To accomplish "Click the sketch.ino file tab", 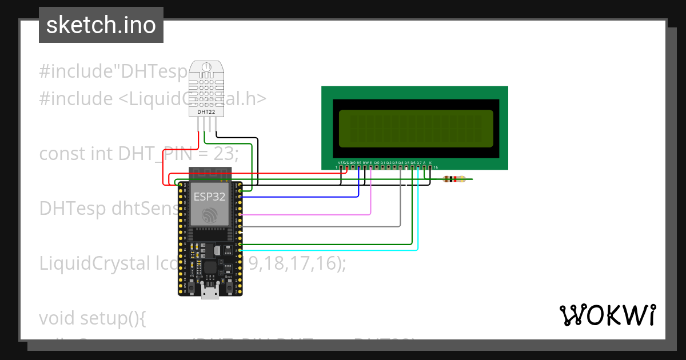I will click(x=101, y=25).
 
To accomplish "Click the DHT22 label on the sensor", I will click(x=206, y=112).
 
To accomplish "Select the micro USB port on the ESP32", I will click(x=210, y=293).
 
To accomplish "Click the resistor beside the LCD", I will click(x=456, y=179).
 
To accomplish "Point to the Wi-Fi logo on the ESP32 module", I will click(x=210, y=215).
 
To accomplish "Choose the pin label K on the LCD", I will click(x=430, y=162).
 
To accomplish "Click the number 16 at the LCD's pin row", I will click(x=436, y=167).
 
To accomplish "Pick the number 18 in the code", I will click(x=274, y=263).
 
